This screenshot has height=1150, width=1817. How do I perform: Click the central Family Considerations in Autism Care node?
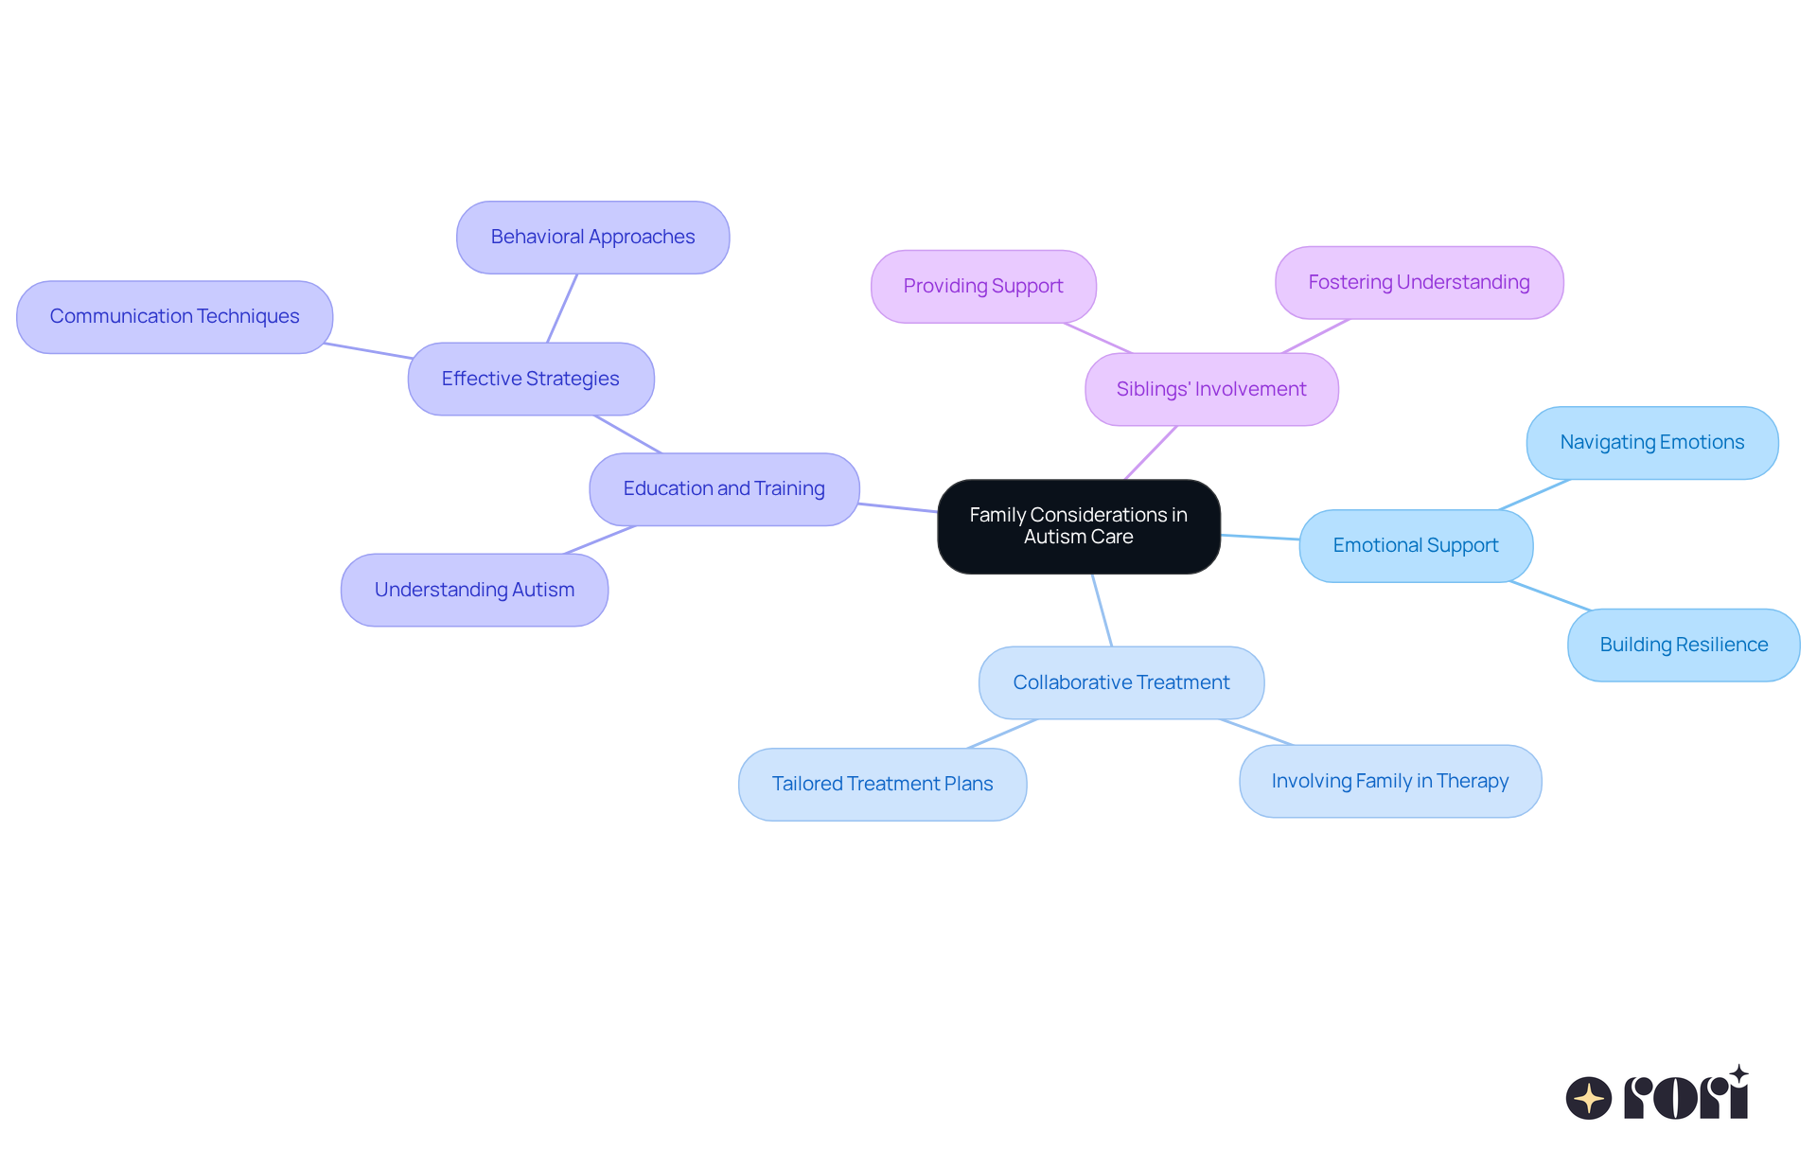pyautogui.click(x=1078, y=526)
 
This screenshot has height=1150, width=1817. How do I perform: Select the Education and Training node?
pyautogui.click(x=724, y=489)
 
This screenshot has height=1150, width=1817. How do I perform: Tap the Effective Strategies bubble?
pyautogui.click(x=530, y=379)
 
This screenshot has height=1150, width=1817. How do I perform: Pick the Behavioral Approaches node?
pyautogui.click(x=592, y=237)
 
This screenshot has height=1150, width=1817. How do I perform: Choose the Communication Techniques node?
pyautogui.click(x=174, y=317)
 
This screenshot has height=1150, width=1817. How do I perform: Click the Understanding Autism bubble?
pyautogui.click(x=474, y=590)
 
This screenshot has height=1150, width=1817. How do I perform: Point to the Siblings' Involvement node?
pyautogui.click(x=1211, y=389)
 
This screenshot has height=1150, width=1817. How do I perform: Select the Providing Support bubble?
pyautogui.click(x=983, y=286)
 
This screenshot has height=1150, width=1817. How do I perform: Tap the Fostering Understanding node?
pyautogui.click(x=1419, y=283)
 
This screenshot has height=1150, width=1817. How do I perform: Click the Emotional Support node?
pyautogui.click(x=1416, y=546)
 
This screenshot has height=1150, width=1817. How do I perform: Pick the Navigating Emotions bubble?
pyautogui.click(x=1651, y=443)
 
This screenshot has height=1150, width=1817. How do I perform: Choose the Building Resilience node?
pyautogui.click(x=1684, y=646)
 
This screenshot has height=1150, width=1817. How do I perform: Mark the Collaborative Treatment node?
pyautogui.click(x=1121, y=682)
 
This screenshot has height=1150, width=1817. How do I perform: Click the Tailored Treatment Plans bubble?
pyautogui.click(x=882, y=785)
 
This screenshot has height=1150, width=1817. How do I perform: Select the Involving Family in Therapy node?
pyautogui.click(x=1390, y=782)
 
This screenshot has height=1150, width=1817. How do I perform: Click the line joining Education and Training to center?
pyautogui.click(x=898, y=507)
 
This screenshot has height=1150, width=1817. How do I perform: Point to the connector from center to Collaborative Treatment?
pyautogui.click(x=1103, y=610)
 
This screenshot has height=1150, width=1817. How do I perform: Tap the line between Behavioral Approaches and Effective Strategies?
pyautogui.click(x=562, y=309)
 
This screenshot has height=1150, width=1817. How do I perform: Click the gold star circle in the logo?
pyautogui.click(x=1588, y=1098)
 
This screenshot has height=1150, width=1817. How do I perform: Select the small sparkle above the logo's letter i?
pyautogui.click(x=1738, y=1074)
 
